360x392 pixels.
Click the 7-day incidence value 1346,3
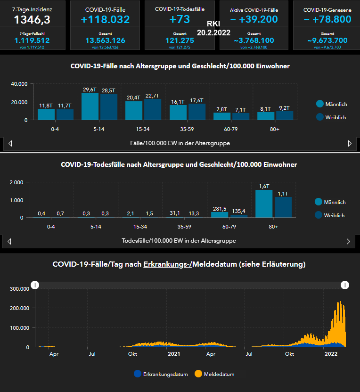[x=32, y=19]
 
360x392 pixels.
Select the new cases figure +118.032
[x=105, y=19]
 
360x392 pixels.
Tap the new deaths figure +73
[x=180, y=19]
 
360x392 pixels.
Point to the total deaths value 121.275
[x=180, y=41]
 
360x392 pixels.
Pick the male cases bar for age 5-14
[x=90, y=106]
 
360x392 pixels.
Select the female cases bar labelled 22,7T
[x=153, y=109]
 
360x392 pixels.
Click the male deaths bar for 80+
[x=263, y=204]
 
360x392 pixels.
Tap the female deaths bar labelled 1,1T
[x=283, y=207]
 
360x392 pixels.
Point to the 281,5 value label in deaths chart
[x=219, y=208]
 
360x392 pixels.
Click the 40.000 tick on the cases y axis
[x=19, y=84]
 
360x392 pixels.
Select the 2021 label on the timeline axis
[x=174, y=354]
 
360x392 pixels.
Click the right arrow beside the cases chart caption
[x=350, y=143]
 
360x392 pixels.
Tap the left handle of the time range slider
[x=35, y=285]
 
